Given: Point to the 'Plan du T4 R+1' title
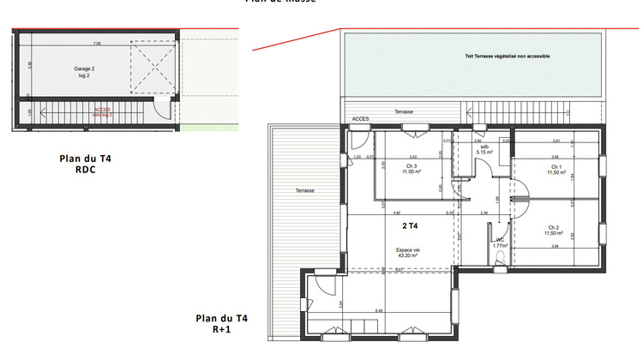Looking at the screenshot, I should coord(222,323).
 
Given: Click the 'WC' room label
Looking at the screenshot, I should coord(499,242).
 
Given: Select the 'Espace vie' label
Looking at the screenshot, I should coord(406,252).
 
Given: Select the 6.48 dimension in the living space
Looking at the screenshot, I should coord(380,310).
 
